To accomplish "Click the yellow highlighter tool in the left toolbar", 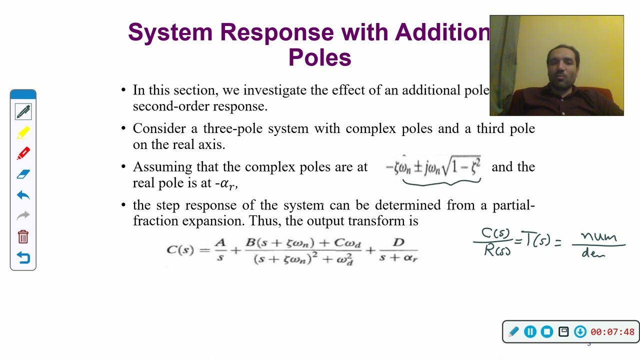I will coord(23,133).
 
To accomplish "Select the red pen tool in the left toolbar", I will coord(23,153).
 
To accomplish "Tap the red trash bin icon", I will coord(23,236).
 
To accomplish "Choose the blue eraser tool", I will coord(23,174).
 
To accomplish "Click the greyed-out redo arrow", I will coord(23,215).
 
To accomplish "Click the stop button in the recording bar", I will coord(547,331).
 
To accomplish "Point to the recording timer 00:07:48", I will coord(612,332).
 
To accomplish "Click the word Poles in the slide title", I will coord(319,57).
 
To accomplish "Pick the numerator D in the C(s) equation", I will coord(398,242).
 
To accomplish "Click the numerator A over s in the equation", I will coord(220,243).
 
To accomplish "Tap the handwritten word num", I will coord(598,237).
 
